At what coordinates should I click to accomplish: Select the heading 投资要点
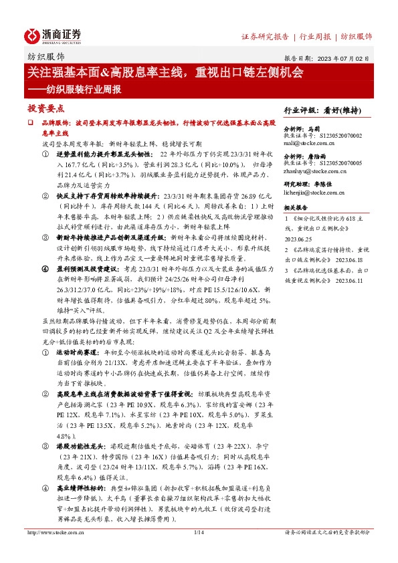tap(45, 108)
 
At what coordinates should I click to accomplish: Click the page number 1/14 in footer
tap(198, 551)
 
